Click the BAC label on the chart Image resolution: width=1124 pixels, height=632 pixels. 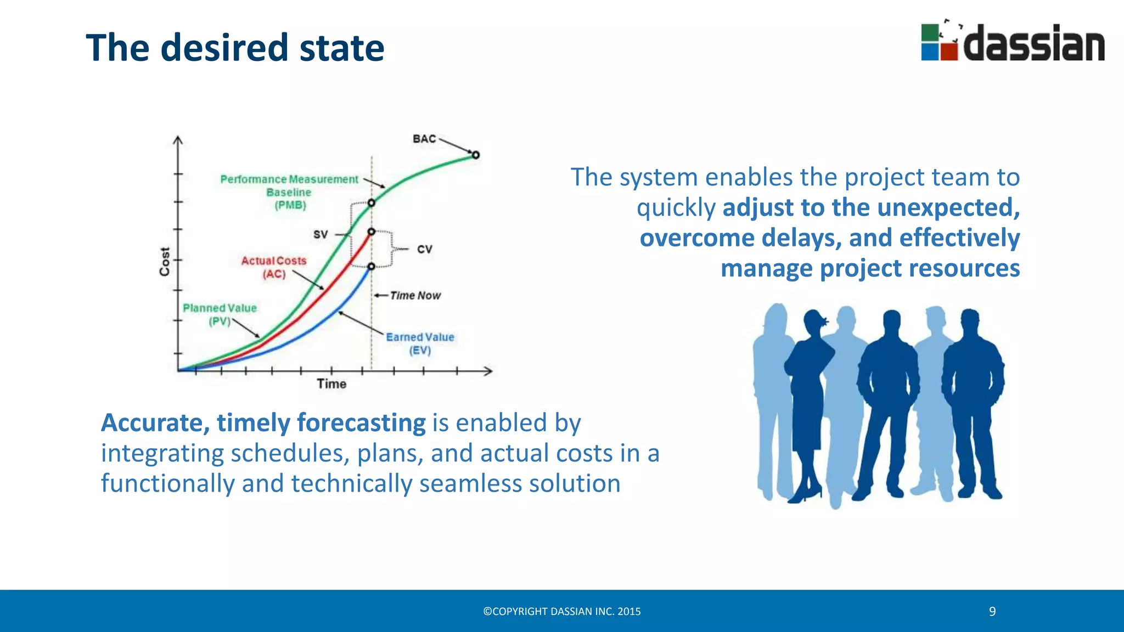pyautogui.click(x=424, y=139)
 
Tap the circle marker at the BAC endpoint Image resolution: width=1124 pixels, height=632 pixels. pyautogui.click(x=476, y=155)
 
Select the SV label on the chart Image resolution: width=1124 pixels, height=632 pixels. pyautogui.click(x=321, y=235)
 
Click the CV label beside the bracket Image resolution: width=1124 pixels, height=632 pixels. pyautogui.click(x=425, y=250)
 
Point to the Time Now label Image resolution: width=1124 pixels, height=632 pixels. pyautogui.click(x=415, y=296)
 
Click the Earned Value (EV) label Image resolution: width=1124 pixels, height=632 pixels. pyautogui.click(x=420, y=343)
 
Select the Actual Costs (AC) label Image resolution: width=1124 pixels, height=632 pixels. pyautogui.click(x=274, y=267)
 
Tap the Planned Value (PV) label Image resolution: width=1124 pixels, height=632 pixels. pyautogui.click(x=220, y=314)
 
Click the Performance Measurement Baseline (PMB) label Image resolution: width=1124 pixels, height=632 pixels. pyautogui.click(x=289, y=192)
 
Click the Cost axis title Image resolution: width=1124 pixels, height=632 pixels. pyautogui.click(x=165, y=261)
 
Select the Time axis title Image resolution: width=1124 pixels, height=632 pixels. pyautogui.click(x=331, y=384)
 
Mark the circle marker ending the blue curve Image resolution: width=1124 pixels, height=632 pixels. pyautogui.click(x=372, y=266)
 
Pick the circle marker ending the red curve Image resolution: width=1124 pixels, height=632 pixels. pyautogui.click(x=372, y=232)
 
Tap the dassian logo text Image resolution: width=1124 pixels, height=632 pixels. pyautogui.click(x=1034, y=44)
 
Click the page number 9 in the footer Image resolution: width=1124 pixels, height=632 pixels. pyautogui.click(x=992, y=612)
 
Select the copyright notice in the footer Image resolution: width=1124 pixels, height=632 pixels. pyautogui.click(x=562, y=612)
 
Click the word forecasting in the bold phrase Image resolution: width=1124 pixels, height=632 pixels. pyautogui.click(x=361, y=424)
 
